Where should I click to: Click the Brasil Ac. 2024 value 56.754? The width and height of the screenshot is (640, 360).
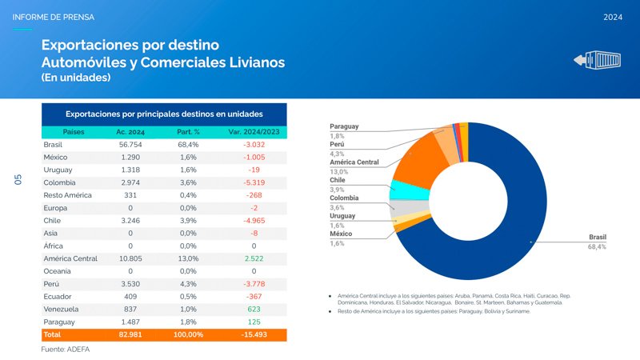click(x=130, y=144)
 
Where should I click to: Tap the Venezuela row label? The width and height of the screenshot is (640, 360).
click(x=60, y=309)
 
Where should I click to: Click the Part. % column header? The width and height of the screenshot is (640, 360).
click(x=187, y=131)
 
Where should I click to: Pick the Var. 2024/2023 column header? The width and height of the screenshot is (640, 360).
click(x=254, y=131)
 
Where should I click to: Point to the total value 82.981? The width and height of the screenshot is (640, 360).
click(x=130, y=334)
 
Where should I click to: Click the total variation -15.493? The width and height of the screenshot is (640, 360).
click(x=254, y=334)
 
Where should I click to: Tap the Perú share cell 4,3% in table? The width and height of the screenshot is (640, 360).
click(x=187, y=284)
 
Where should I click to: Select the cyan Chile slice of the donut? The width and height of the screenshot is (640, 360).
click(x=401, y=190)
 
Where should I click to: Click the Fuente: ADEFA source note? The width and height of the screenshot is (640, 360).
click(x=66, y=350)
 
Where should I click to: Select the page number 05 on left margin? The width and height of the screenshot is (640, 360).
click(x=18, y=181)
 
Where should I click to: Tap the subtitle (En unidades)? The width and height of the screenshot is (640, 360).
click(x=76, y=78)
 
